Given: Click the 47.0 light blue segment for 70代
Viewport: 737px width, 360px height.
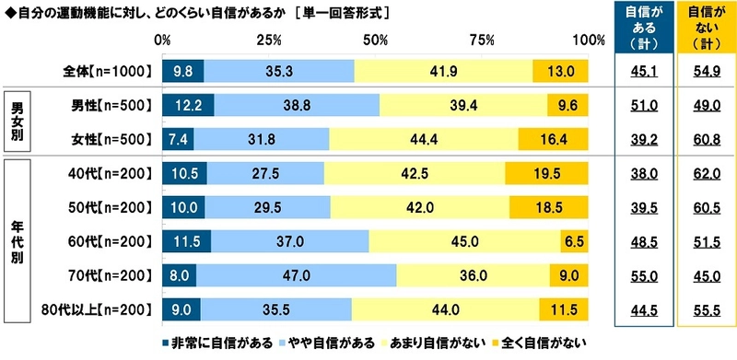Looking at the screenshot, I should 296,275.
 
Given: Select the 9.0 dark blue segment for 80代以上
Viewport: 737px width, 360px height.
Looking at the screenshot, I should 181,308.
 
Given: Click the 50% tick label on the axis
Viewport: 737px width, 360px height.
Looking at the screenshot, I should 376,40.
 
